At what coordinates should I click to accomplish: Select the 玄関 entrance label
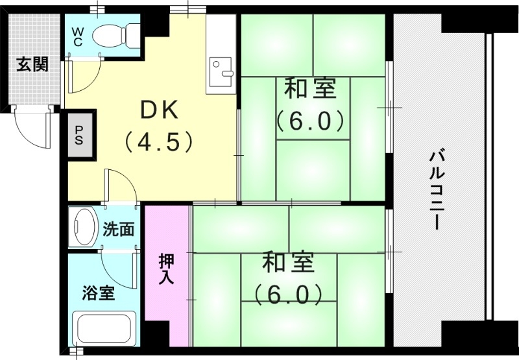click(32, 65)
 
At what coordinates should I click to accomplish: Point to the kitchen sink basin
click(222, 67)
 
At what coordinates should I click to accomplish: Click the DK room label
click(159, 110)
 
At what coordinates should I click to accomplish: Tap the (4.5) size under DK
click(159, 141)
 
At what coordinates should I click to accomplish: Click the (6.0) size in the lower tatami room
click(288, 295)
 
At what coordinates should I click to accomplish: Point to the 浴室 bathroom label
click(98, 293)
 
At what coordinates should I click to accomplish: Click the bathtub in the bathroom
click(104, 331)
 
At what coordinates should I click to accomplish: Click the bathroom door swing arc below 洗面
click(117, 266)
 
